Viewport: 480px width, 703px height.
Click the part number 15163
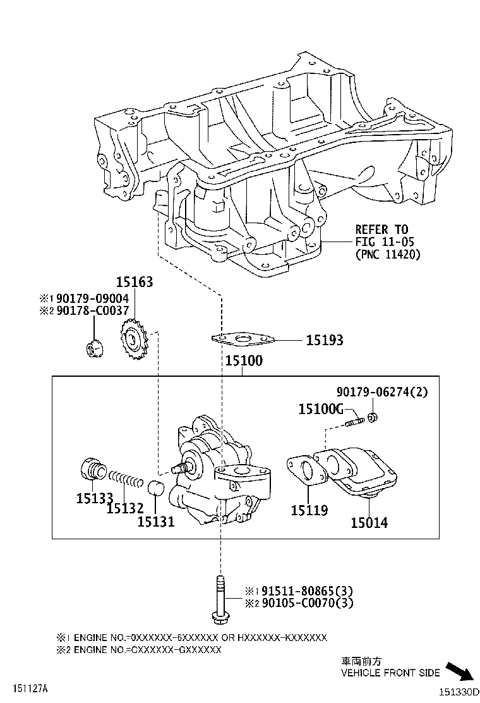(133, 282)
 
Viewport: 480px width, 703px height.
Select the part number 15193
(325, 341)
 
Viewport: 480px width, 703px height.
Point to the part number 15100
(244, 362)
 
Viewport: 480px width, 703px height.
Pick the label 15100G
(320, 409)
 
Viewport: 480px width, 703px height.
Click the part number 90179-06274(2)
(381, 392)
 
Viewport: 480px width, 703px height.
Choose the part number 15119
(309, 510)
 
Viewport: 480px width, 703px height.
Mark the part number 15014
(369, 523)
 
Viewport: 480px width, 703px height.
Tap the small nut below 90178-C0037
(92, 347)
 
